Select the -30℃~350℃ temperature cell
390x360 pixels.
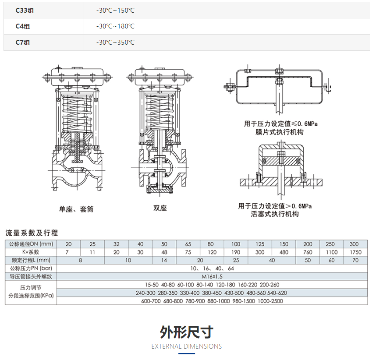pos(115,42)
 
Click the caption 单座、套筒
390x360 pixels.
pos(77,209)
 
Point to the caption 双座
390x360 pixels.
pos(160,208)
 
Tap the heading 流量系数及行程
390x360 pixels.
pos(32,233)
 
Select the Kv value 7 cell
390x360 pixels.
pos(68,252)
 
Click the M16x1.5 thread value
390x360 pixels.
pos(212,277)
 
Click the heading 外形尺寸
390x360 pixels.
pos(187,332)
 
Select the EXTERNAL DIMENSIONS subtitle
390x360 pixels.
pos(187,346)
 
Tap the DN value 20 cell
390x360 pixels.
pos(68,244)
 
